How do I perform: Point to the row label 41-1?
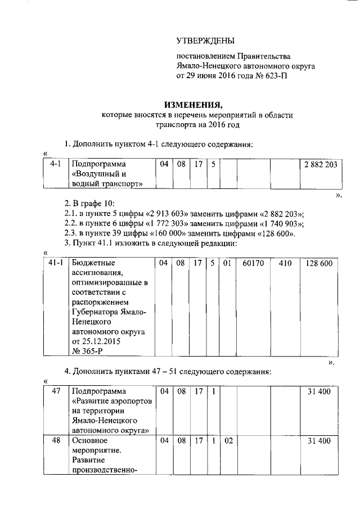pos(55,263)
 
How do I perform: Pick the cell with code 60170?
pos(253,263)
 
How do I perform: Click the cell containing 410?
pos(286,263)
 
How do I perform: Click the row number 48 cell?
pos(55,441)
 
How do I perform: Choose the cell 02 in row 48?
pos(228,441)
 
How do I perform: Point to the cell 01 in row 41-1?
pos(228,263)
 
